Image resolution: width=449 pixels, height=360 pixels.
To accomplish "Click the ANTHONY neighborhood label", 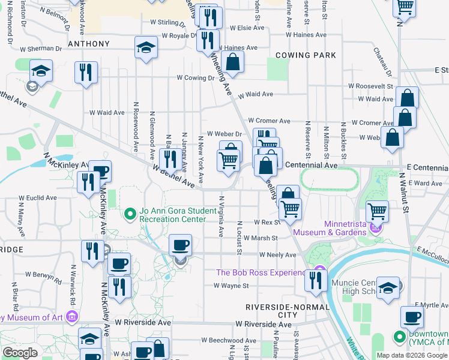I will pos(89,44).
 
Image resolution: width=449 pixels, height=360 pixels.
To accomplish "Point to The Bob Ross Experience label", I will pos(261,273).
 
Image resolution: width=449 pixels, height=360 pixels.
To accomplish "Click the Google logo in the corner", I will pos(20,353).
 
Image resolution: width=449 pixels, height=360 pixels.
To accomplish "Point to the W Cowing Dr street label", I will pos(196,77).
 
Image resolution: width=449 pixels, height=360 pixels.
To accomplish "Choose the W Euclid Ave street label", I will pos(37,197).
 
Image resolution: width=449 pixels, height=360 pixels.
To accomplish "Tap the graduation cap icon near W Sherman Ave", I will pos(145,47).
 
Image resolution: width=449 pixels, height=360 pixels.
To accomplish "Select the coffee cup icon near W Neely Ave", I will pos(180,244).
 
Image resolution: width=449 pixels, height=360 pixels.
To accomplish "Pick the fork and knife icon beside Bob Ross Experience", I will pos(316,279).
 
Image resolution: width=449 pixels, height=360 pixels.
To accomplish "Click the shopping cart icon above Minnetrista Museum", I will pos(377,210).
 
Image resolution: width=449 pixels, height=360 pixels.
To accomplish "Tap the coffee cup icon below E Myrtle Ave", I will pos(412,316).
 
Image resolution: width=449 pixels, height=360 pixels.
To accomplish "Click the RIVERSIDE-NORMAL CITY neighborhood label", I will pos(272,311).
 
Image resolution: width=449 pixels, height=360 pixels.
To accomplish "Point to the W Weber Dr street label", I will pos(224,134).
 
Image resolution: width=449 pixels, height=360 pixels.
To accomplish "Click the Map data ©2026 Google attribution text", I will pos(411,355).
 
